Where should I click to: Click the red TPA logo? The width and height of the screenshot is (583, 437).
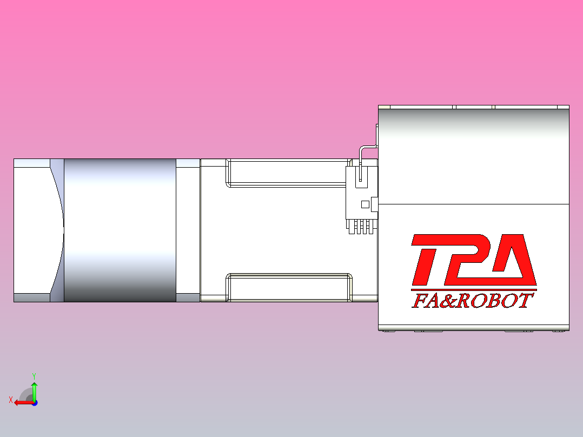(x=473, y=260)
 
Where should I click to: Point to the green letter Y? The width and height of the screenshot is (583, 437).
(x=34, y=375)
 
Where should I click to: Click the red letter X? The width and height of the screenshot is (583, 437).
(x=11, y=400)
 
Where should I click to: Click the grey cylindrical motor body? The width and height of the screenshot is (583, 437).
(x=120, y=230)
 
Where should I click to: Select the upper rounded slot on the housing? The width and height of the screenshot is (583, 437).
(x=287, y=173)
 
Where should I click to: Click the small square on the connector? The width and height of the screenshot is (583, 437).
(x=365, y=204)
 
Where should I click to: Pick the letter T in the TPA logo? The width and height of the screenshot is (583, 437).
(x=427, y=260)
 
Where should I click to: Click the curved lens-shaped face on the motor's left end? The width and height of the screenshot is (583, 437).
(x=57, y=230)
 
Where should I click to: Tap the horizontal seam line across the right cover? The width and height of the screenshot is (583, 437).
(x=473, y=204)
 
